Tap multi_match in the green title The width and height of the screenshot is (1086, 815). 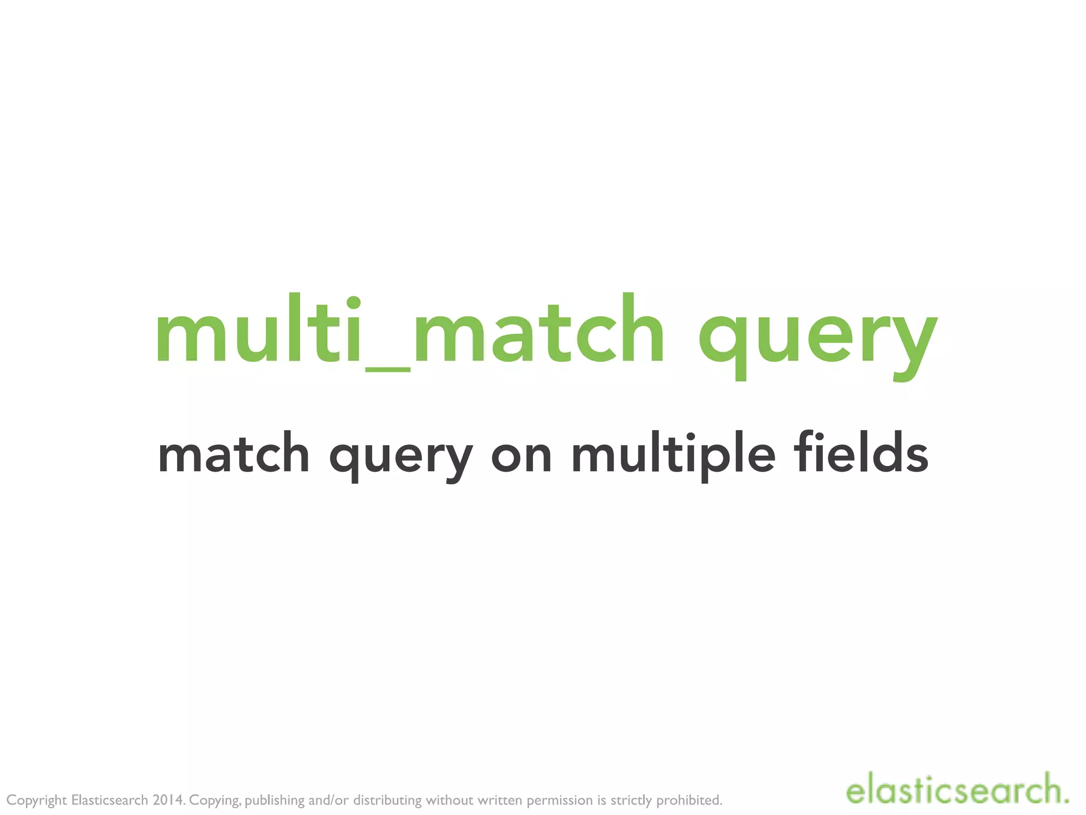(408, 330)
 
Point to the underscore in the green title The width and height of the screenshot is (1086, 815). (388, 369)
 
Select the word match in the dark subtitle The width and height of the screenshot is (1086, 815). (233, 454)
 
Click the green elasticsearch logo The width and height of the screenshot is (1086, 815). (957, 791)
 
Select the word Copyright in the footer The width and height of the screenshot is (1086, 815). (37, 800)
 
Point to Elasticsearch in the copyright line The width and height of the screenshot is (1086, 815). (110, 800)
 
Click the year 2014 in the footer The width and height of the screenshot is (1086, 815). (169, 800)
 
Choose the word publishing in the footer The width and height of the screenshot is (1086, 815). (275, 800)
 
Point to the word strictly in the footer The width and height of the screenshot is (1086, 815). (631, 800)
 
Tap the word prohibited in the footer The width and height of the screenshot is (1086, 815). (689, 800)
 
